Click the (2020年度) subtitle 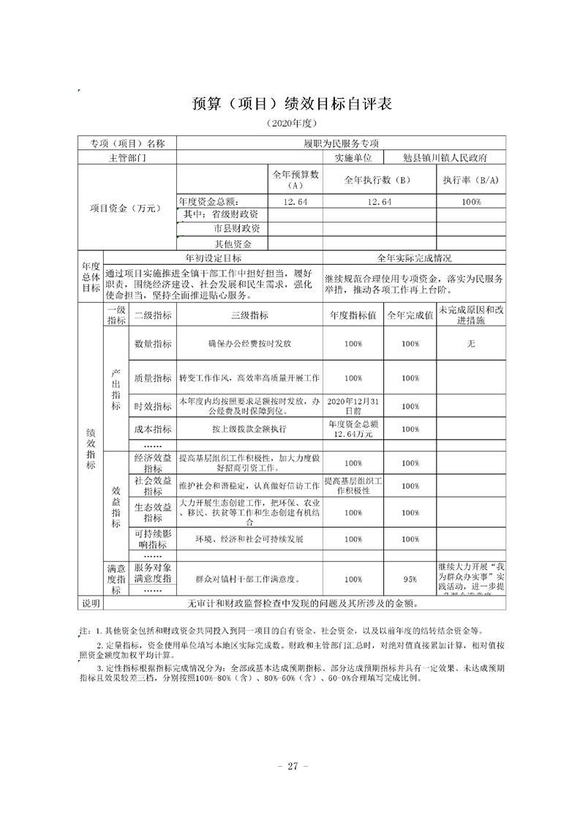[x=292, y=122]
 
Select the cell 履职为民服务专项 [x=341, y=143]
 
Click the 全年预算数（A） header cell [x=295, y=179]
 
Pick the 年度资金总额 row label [x=208, y=201]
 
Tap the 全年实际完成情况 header [x=414, y=258]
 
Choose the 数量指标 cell [x=152, y=343]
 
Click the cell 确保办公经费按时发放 [x=249, y=343]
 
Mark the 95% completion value [x=410, y=579]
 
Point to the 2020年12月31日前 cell [x=353, y=406]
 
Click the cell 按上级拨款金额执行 [x=249, y=429]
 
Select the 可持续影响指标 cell [x=152, y=539]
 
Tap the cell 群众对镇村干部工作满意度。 [x=249, y=579]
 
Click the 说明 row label [x=91, y=604]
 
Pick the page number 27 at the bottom [x=292, y=766]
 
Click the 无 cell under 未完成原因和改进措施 [x=470, y=343]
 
